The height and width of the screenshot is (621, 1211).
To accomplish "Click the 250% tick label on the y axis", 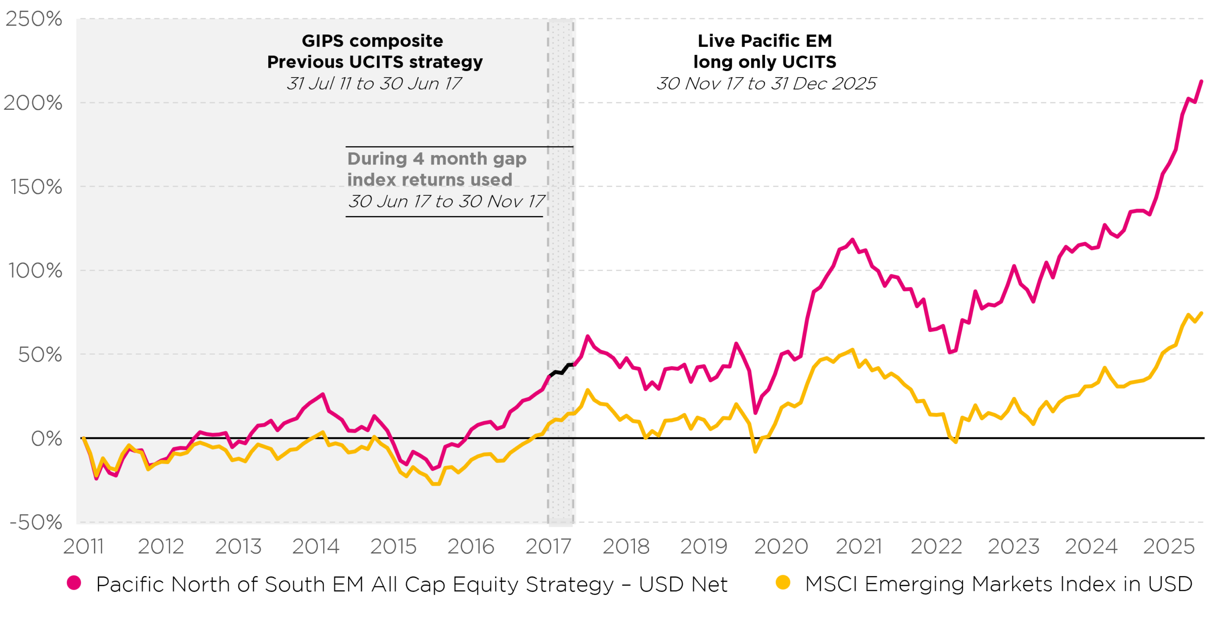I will (33, 20).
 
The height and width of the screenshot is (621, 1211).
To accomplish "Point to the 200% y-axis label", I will (33, 103).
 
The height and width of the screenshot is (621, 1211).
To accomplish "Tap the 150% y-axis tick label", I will (36, 187).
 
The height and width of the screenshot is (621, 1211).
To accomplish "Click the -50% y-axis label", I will (36, 523).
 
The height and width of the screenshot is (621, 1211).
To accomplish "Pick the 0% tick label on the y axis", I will (46, 439).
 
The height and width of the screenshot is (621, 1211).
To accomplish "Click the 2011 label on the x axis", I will (83, 547).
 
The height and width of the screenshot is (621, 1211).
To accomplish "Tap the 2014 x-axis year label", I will (316, 547).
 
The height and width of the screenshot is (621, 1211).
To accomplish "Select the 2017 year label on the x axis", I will (548, 547).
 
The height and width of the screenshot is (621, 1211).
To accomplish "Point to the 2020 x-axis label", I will (781, 547).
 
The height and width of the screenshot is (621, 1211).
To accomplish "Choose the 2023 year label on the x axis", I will (1013, 547).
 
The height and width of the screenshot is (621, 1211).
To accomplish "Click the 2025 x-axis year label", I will (1169, 547).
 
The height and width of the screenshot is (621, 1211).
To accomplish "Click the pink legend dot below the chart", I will (74, 583).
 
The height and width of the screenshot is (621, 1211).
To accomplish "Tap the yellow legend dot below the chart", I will (783, 582).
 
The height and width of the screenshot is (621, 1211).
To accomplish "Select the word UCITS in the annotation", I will (376, 62).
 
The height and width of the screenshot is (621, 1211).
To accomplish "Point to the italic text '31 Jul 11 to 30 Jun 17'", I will (374, 84).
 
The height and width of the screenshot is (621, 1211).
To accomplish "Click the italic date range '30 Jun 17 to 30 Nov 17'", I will (446, 201).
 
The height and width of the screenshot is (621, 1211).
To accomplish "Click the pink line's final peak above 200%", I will (1202, 81).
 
